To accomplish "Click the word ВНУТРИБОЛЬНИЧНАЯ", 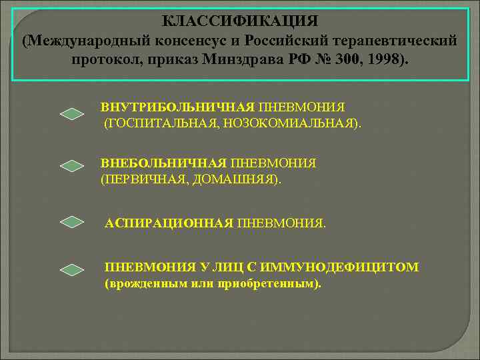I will [177, 107].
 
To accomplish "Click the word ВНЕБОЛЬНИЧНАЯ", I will [163, 163].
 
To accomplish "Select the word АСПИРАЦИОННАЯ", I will [169, 223].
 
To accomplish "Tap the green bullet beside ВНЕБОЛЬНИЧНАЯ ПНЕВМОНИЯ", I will [72, 167].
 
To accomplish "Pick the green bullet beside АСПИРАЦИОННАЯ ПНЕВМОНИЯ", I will [72, 222].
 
